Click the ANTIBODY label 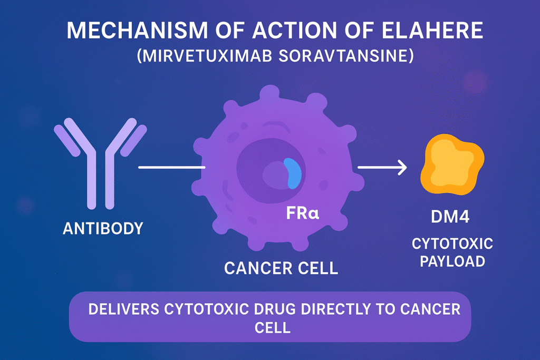click(103, 229)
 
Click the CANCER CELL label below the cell click(281, 268)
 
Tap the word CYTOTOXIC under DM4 click(452, 244)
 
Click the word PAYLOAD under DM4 click(452, 262)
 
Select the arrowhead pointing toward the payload click(402, 168)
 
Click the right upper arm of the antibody click(133, 138)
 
